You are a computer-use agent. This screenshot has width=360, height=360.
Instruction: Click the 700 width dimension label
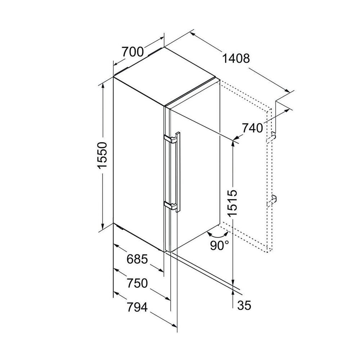pos(132,52)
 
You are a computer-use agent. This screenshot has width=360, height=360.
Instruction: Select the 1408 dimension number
pos(236,59)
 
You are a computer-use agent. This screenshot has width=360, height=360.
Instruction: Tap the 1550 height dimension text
pos(102,156)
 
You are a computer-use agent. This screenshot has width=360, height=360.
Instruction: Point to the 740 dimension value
pos(252,128)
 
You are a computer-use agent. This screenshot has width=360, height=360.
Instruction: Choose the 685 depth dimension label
pos(137,260)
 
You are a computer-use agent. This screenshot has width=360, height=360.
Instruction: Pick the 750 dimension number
pos(137,283)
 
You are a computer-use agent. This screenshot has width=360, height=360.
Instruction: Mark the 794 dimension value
pos(137,307)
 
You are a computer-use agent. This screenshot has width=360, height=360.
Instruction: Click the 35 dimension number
pos(244,305)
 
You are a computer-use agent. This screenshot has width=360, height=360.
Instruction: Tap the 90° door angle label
pos(220,246)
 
